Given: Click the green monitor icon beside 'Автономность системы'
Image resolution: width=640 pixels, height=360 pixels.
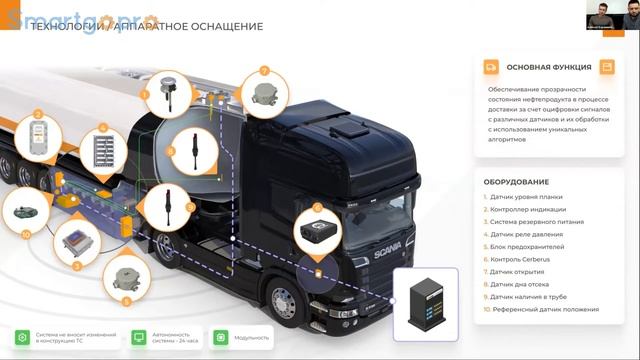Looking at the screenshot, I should click(x=140, y=337).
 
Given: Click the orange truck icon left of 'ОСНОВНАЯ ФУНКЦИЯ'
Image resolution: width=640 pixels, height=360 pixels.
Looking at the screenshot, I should click(x=491, y=67).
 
